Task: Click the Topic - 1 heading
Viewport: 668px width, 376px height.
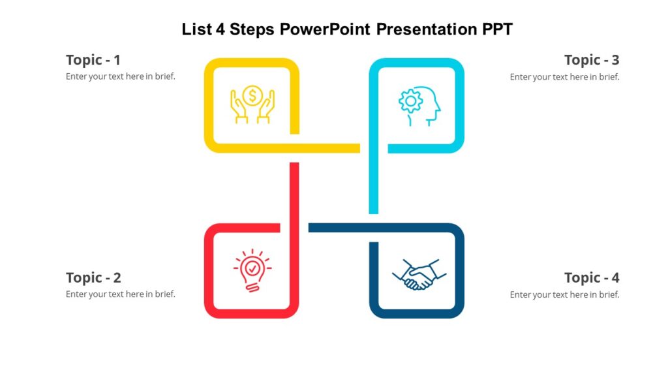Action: pos(93,60)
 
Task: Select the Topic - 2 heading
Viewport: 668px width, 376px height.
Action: pos(93,277)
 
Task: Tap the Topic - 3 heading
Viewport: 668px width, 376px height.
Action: pos(592,60)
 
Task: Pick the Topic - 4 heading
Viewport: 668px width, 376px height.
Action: pos(592,277)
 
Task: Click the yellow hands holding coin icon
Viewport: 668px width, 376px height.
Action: pos(252,104)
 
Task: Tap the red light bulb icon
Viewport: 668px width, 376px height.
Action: pos(252,270)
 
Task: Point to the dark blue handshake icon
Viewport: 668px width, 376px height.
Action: pos(416,274)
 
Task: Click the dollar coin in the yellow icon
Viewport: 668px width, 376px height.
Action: pos(252,95)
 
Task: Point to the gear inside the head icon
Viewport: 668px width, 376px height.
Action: pos(410,101)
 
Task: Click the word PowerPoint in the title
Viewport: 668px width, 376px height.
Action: pos(326,29)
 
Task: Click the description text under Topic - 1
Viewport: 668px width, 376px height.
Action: pos(121,76)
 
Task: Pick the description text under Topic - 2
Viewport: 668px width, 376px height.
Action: pos(121,294)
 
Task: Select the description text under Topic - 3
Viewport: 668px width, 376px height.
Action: pos(564,76)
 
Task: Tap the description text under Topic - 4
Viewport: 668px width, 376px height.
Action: pos(564,294)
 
